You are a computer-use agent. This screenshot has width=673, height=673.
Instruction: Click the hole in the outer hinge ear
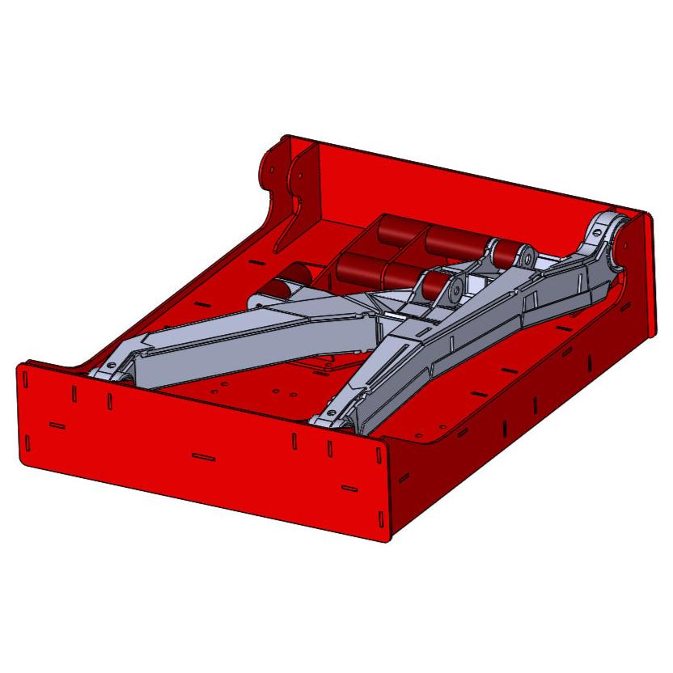(272, 169)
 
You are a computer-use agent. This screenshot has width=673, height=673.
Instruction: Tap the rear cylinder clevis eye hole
(527, 258)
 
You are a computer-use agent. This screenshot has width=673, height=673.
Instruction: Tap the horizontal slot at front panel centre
(203, 457)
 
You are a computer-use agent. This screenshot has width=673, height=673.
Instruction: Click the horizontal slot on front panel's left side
(57, 424)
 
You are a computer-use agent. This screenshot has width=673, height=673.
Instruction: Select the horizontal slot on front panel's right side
(349, 488)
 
